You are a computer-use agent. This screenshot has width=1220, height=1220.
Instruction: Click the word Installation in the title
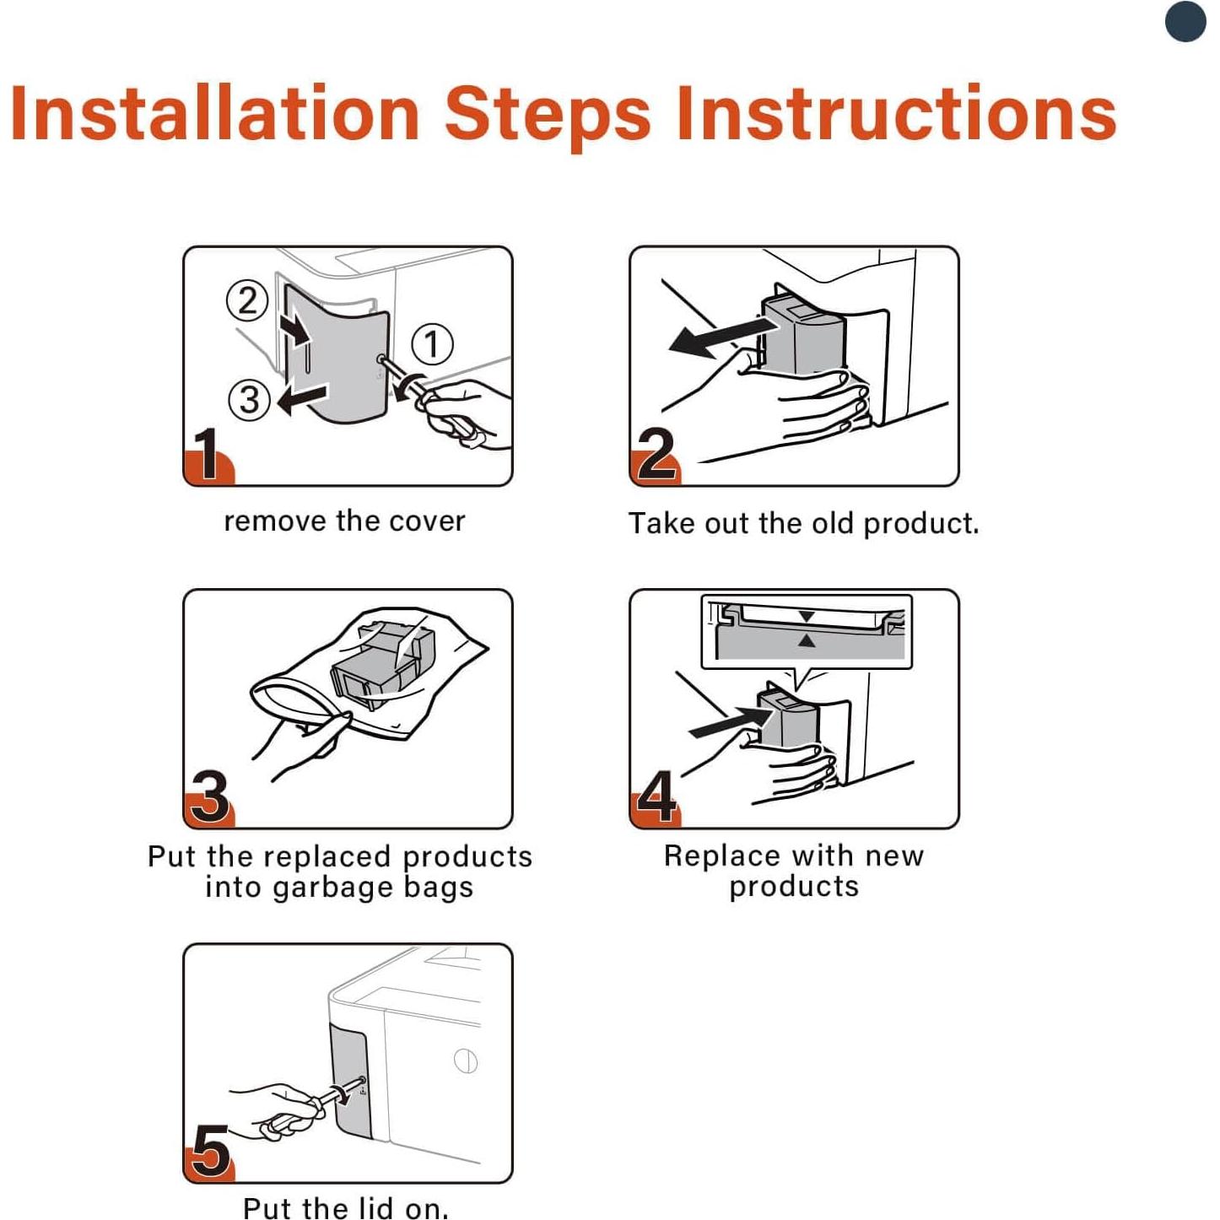[215, 113]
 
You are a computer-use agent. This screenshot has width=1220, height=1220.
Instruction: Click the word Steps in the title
[549, 117]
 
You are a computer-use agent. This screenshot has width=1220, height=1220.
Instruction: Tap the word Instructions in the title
[897, 113]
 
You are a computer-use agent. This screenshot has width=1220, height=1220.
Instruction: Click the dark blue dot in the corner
[1185, 21]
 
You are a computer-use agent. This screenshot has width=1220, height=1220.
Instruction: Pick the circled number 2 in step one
[247, 300]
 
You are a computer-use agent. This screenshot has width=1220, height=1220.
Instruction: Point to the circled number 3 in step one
[250, 400]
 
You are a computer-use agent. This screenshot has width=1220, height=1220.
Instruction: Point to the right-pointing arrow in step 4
[731, 721]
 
